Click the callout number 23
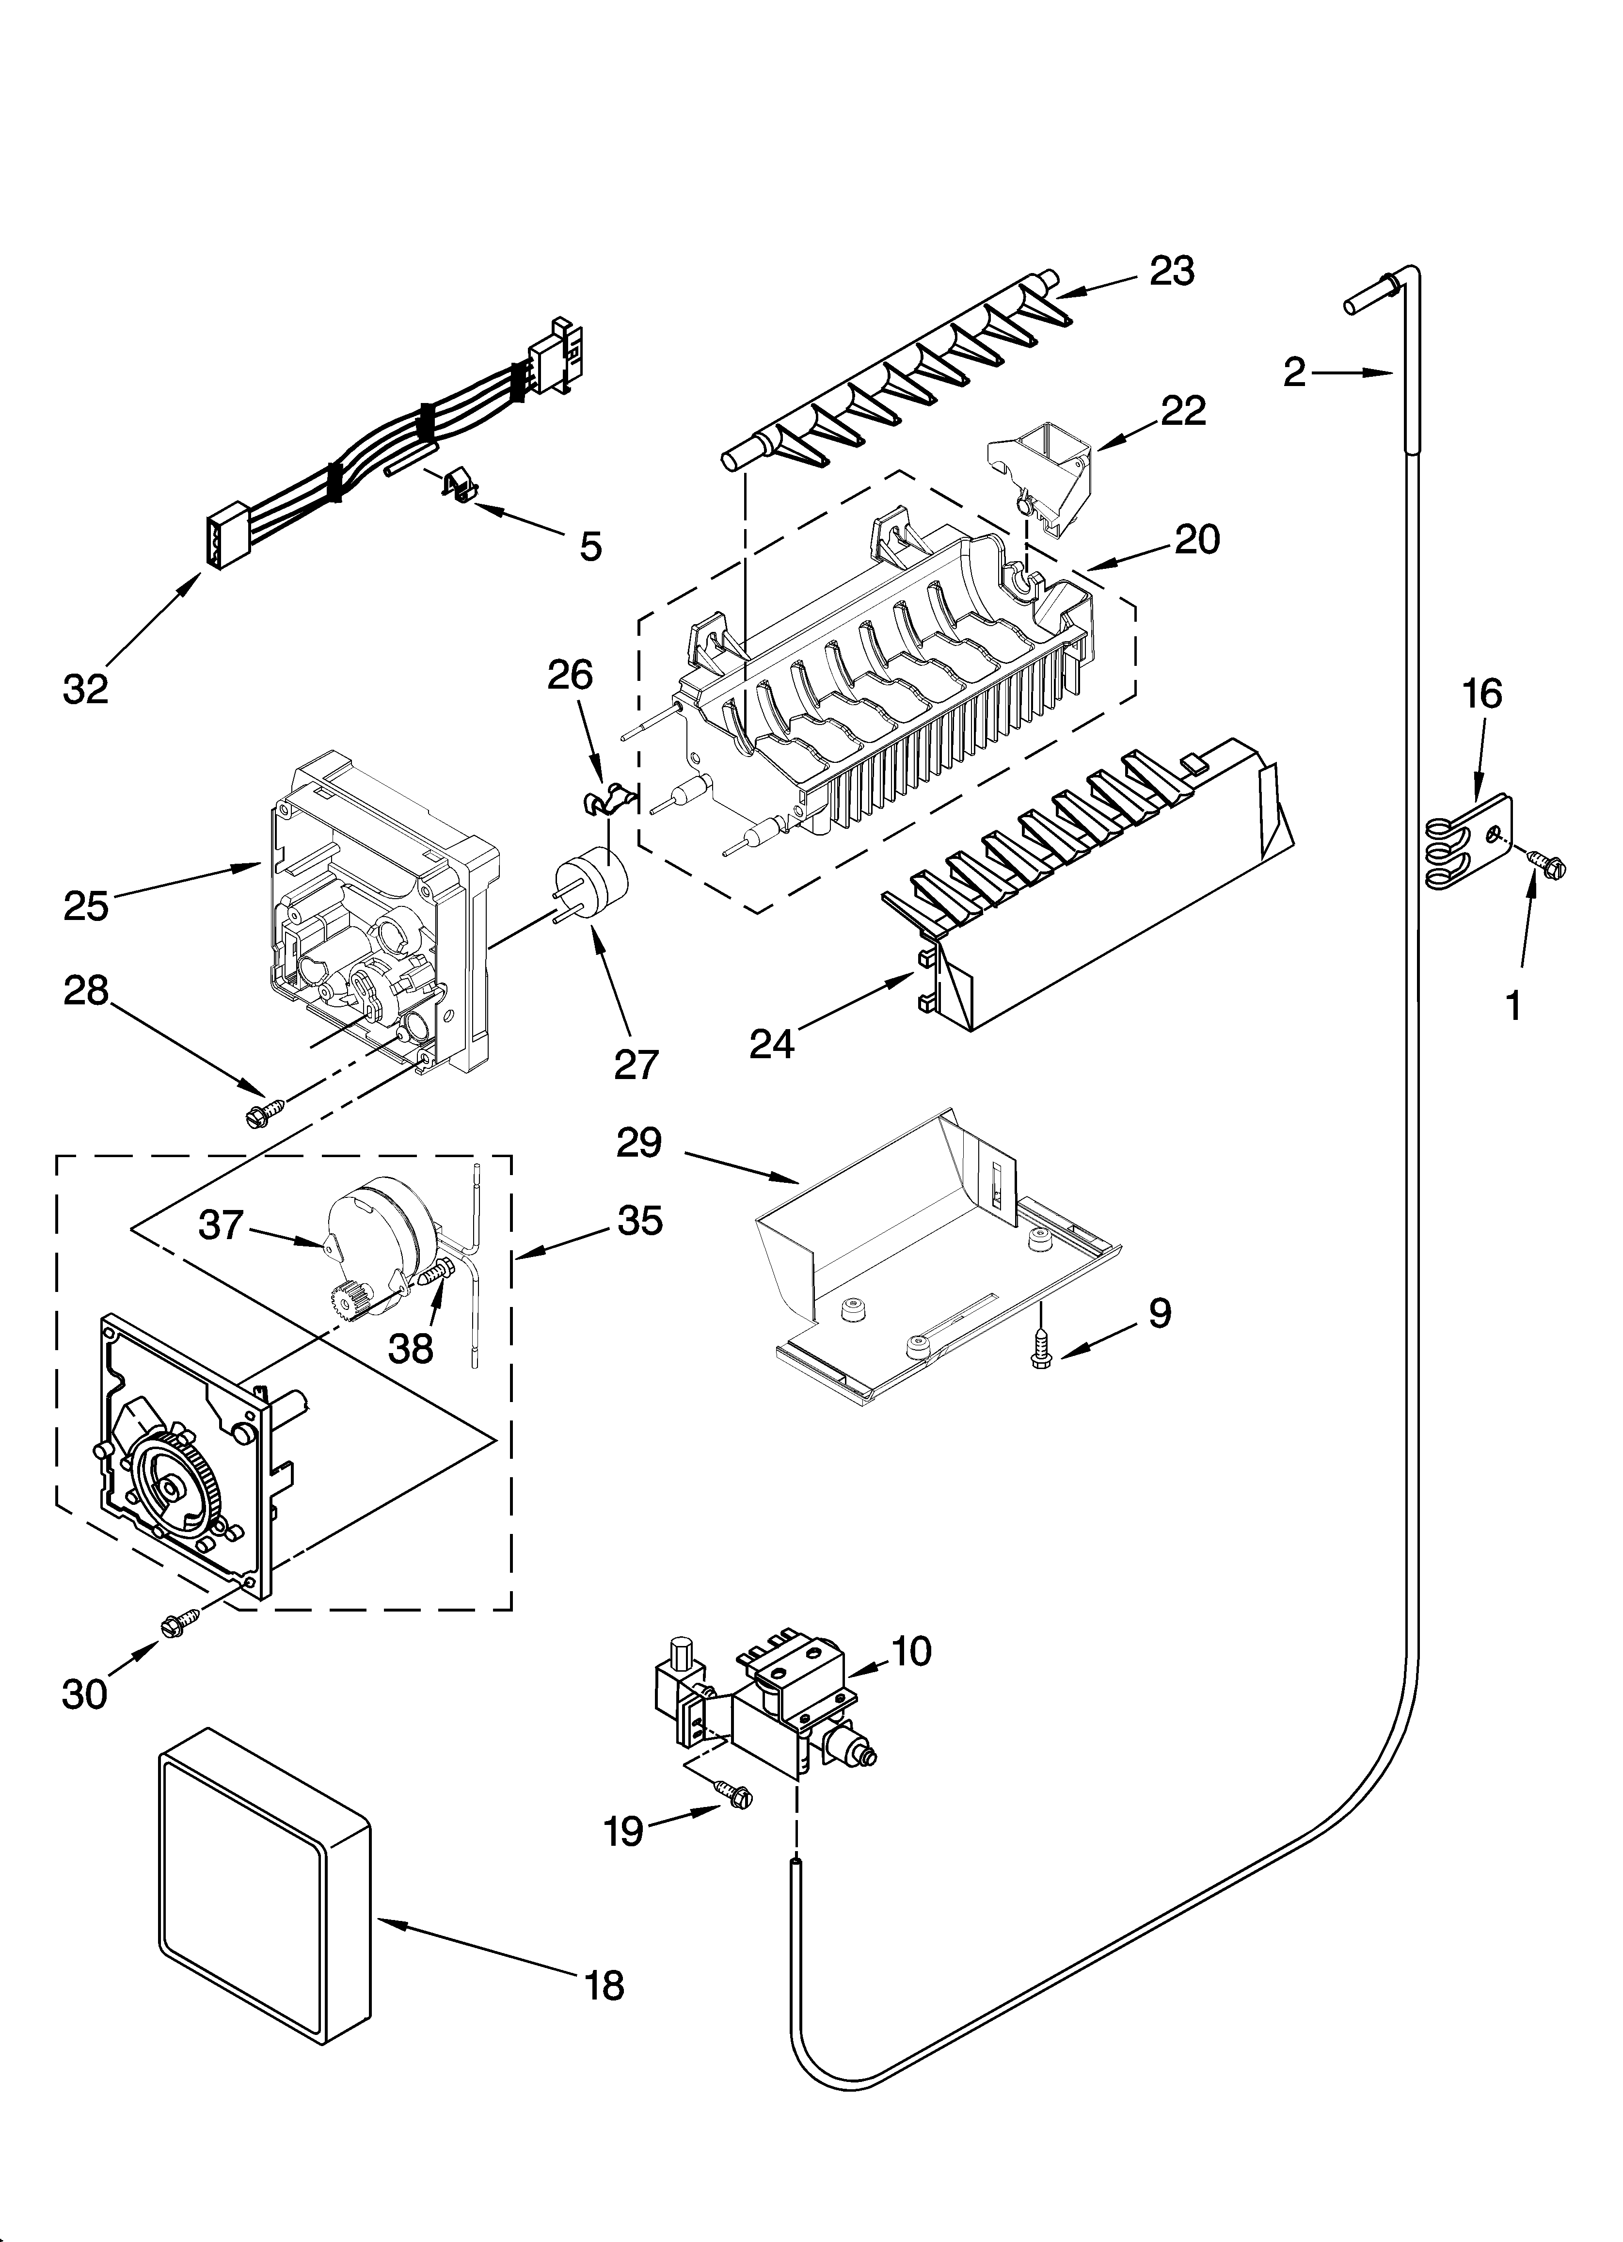tap(1172, 270)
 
